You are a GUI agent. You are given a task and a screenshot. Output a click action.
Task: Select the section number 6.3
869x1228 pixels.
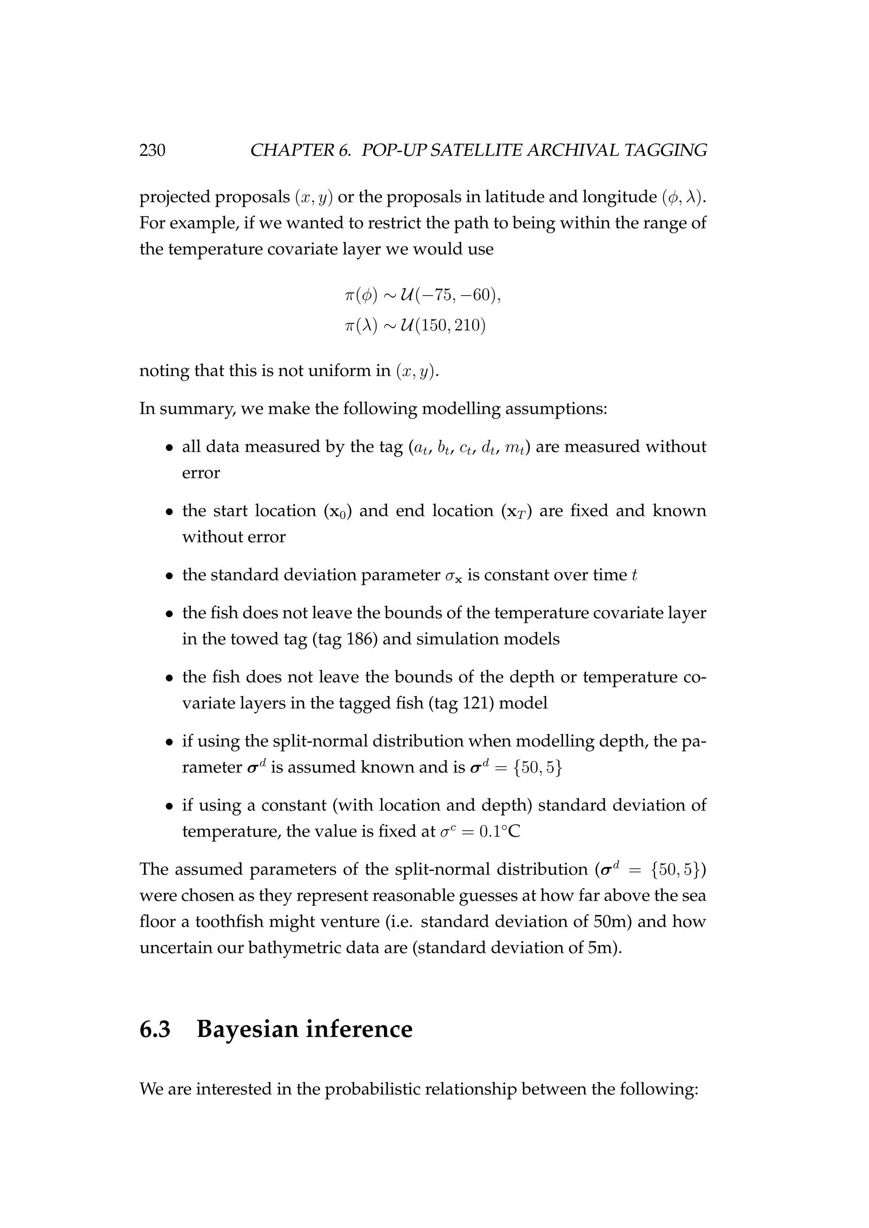coord(155,1029)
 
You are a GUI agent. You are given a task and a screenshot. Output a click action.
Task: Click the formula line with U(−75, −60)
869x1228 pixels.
coord(423,295)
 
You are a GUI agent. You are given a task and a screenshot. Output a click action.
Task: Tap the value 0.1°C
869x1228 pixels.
coord(500,831)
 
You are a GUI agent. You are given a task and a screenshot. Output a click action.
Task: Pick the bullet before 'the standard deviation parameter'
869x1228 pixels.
coord(169,576)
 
